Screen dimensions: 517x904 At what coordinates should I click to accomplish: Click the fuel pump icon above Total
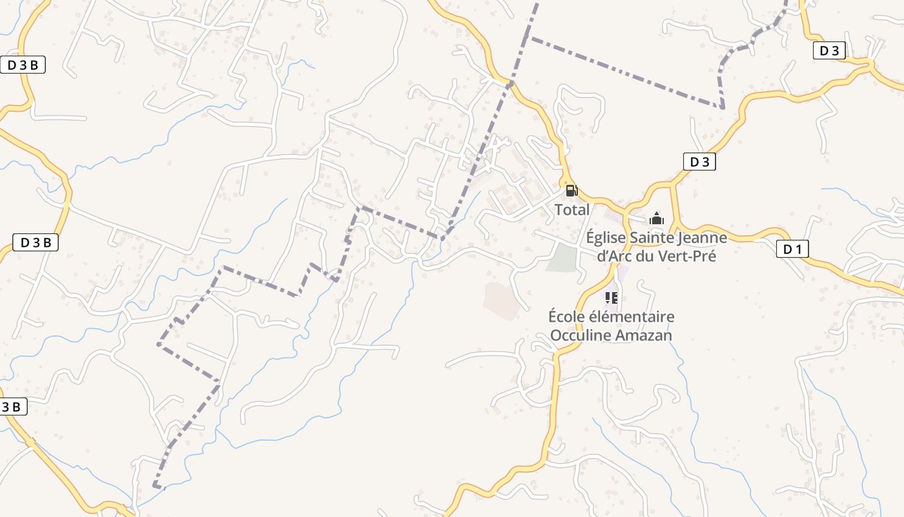[571, 191]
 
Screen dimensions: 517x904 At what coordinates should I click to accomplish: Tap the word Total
[572, 210]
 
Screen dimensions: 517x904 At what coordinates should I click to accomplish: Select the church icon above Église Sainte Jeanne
[657, 219]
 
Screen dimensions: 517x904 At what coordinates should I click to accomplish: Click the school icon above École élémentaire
[611, 298]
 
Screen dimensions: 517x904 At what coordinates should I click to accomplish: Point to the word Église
[606, 238]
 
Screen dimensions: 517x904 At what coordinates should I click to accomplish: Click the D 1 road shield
[792, 249]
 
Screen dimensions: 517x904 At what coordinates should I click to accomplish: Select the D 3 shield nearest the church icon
[699, 162]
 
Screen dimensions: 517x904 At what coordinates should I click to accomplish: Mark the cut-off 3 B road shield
[13, 407]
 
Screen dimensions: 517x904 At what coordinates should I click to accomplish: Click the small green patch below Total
[561, 258]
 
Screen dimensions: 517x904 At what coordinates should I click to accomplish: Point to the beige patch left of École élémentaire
[502, 299]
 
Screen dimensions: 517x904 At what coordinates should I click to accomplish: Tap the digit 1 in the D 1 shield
[799, 249]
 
